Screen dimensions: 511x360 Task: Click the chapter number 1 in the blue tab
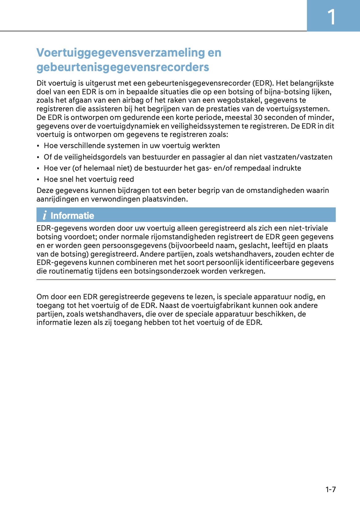tap(331, 17)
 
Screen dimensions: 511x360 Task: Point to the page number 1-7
tap(330, 489)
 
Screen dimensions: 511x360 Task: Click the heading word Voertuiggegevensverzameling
tap(121, 53)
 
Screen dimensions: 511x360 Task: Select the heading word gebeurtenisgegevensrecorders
tap(123, 67)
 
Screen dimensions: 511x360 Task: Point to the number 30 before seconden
tap(258, 117)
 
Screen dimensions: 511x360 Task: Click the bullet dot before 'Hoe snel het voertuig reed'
tap(38, 180)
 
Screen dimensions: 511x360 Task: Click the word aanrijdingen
tap(57, 199)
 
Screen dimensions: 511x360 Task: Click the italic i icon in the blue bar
tap(44, 215)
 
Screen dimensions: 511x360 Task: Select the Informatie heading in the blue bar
tap(72, 215)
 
